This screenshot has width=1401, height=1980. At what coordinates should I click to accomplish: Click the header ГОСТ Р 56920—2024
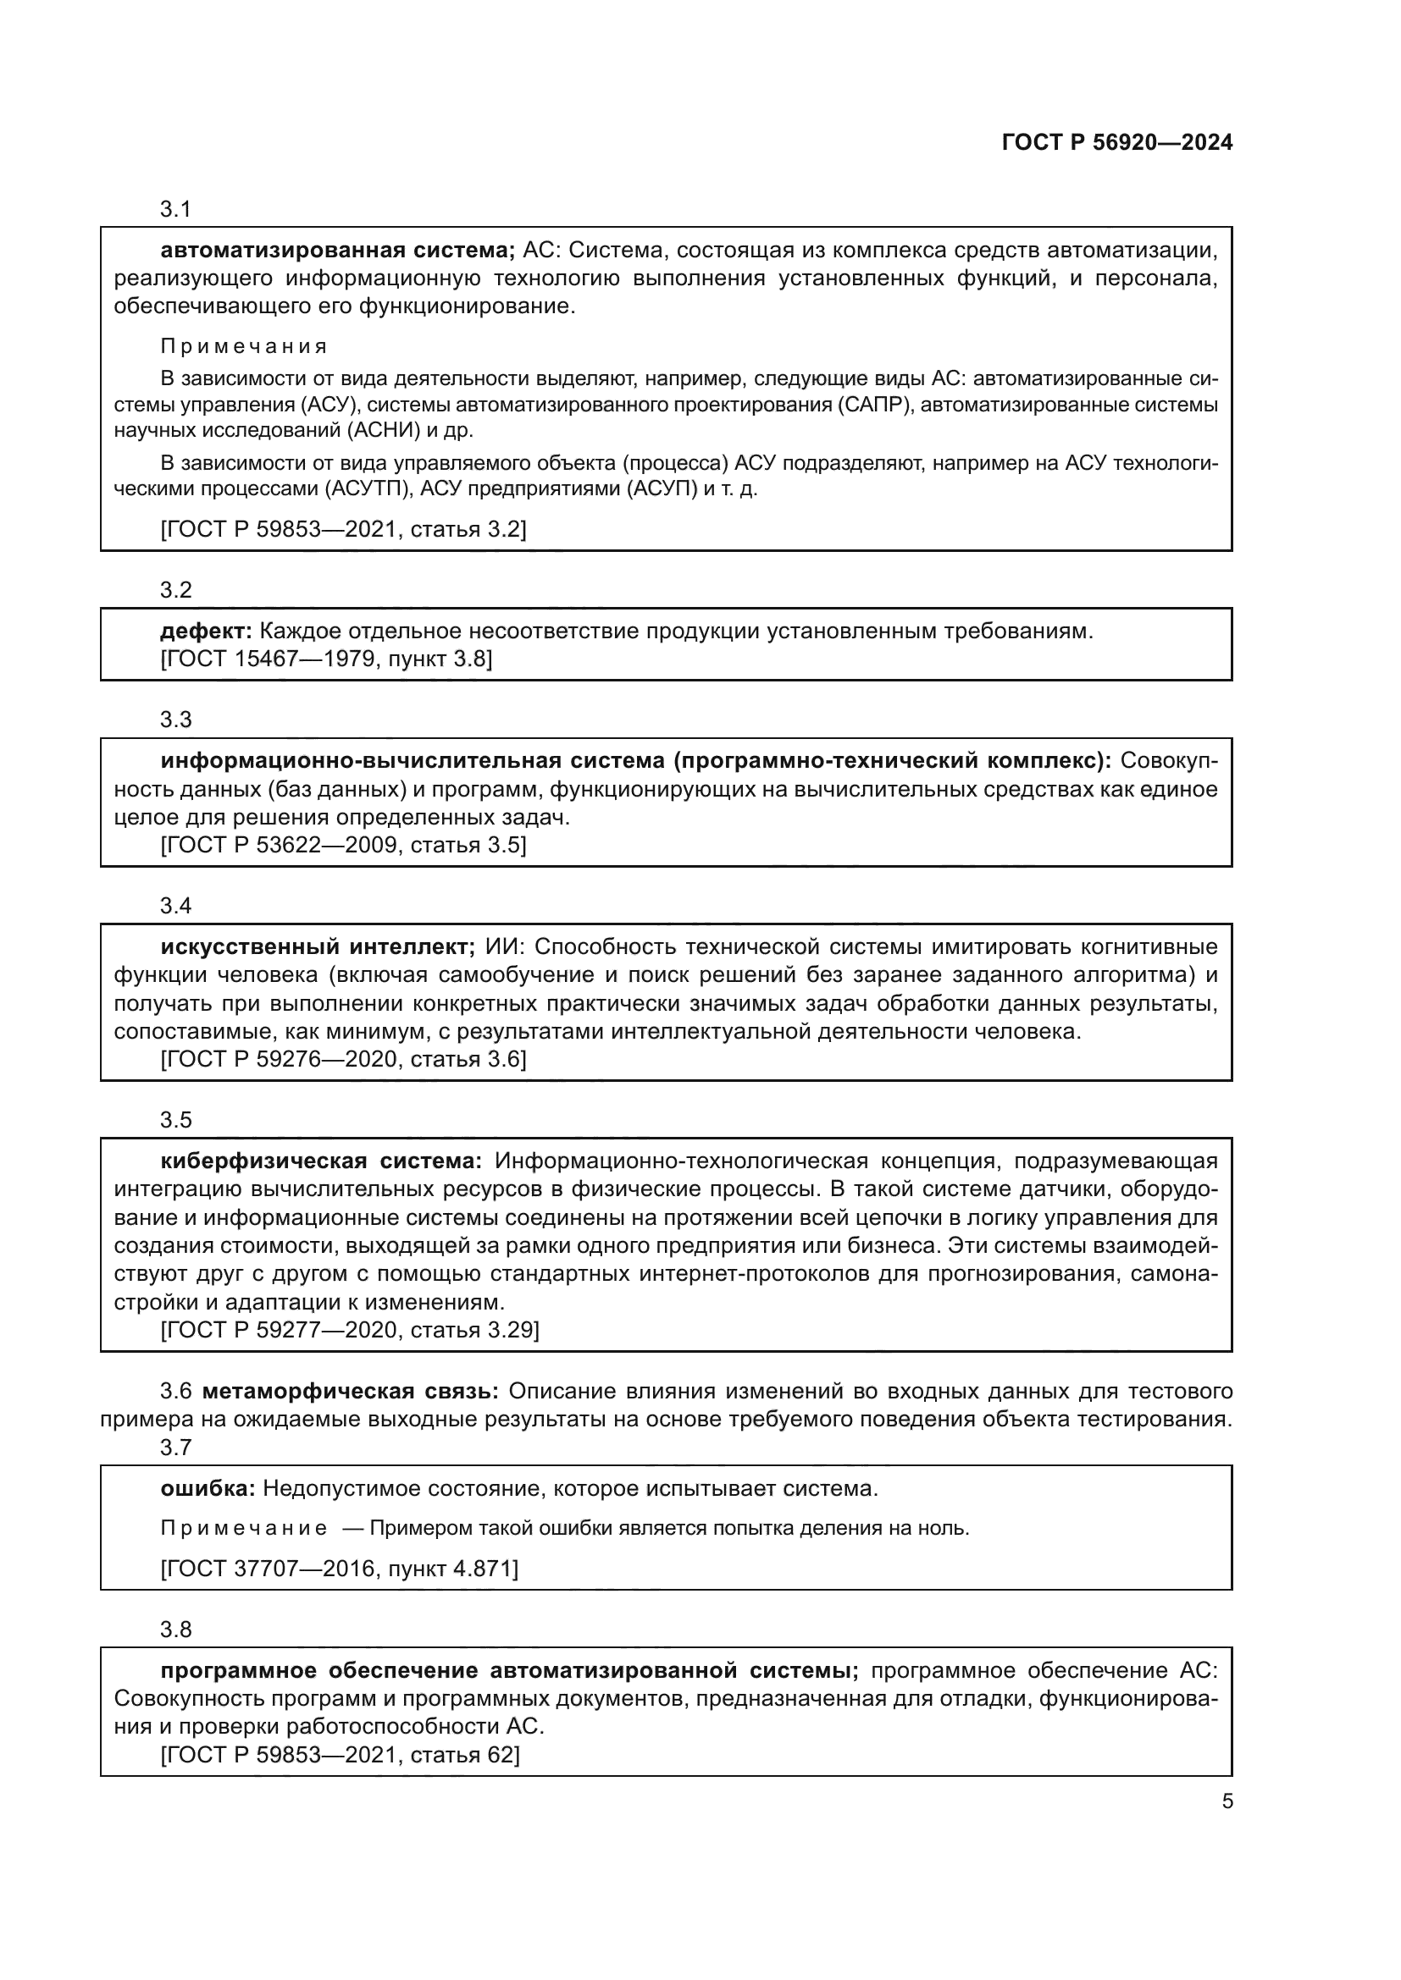tap(1116, 143)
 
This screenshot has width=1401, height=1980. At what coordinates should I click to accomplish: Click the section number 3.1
tap(175, 210)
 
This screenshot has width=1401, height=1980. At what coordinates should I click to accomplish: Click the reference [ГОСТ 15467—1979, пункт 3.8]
tap(326, 659)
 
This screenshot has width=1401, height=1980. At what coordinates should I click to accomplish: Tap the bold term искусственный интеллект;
tap(318, 947)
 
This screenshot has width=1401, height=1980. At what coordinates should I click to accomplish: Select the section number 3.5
tap(175, 1120)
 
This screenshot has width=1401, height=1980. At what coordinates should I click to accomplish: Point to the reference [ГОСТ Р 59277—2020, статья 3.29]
tap(349, 1330)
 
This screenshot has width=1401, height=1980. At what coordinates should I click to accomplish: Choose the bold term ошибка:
tap(207, 1488)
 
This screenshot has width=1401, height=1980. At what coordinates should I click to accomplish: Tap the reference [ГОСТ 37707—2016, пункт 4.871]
tap(339, 1569)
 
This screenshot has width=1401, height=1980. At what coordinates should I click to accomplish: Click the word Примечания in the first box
tap(244, 347)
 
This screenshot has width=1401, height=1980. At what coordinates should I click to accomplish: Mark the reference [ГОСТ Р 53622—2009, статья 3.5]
tap(342, 845)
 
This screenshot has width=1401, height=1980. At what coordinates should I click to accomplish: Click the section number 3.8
tap(175, 1630)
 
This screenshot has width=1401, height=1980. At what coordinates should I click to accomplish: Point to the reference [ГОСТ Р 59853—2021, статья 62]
tap(340, 1755)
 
